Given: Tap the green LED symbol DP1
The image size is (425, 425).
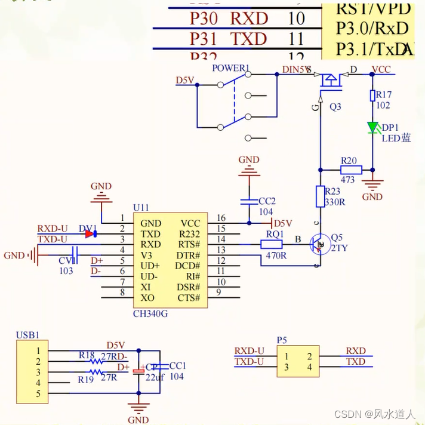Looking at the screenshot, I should (373, 127).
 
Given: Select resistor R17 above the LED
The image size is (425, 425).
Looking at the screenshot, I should (372, 96).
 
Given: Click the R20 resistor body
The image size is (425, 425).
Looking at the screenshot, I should (347, 169).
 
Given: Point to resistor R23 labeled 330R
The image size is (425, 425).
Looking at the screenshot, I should (320, 196).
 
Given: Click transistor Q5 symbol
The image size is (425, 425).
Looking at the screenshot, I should (319, 244).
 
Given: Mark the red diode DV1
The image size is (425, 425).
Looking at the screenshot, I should (90, 234).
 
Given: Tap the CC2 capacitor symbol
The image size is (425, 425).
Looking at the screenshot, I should (249, 201).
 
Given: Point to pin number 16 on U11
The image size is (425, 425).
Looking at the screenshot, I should (221, 218).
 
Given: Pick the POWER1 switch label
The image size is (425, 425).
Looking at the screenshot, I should (231, 68).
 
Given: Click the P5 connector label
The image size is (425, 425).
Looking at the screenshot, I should (282, 340).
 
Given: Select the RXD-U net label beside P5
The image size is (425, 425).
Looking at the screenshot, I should (250, 351).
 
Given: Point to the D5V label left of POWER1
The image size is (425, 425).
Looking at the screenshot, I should (184, 80).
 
